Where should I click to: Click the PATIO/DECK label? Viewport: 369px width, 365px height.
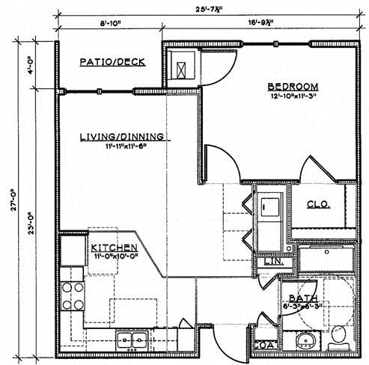coord(112,62)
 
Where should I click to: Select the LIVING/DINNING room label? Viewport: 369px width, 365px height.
coord(123,136)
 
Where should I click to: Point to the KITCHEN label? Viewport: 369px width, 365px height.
coord(113,248)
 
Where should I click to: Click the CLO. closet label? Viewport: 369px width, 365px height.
coord(317,204)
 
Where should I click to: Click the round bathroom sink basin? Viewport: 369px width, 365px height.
coord(305,342)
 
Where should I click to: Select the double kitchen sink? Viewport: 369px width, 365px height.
coord(132,340)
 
